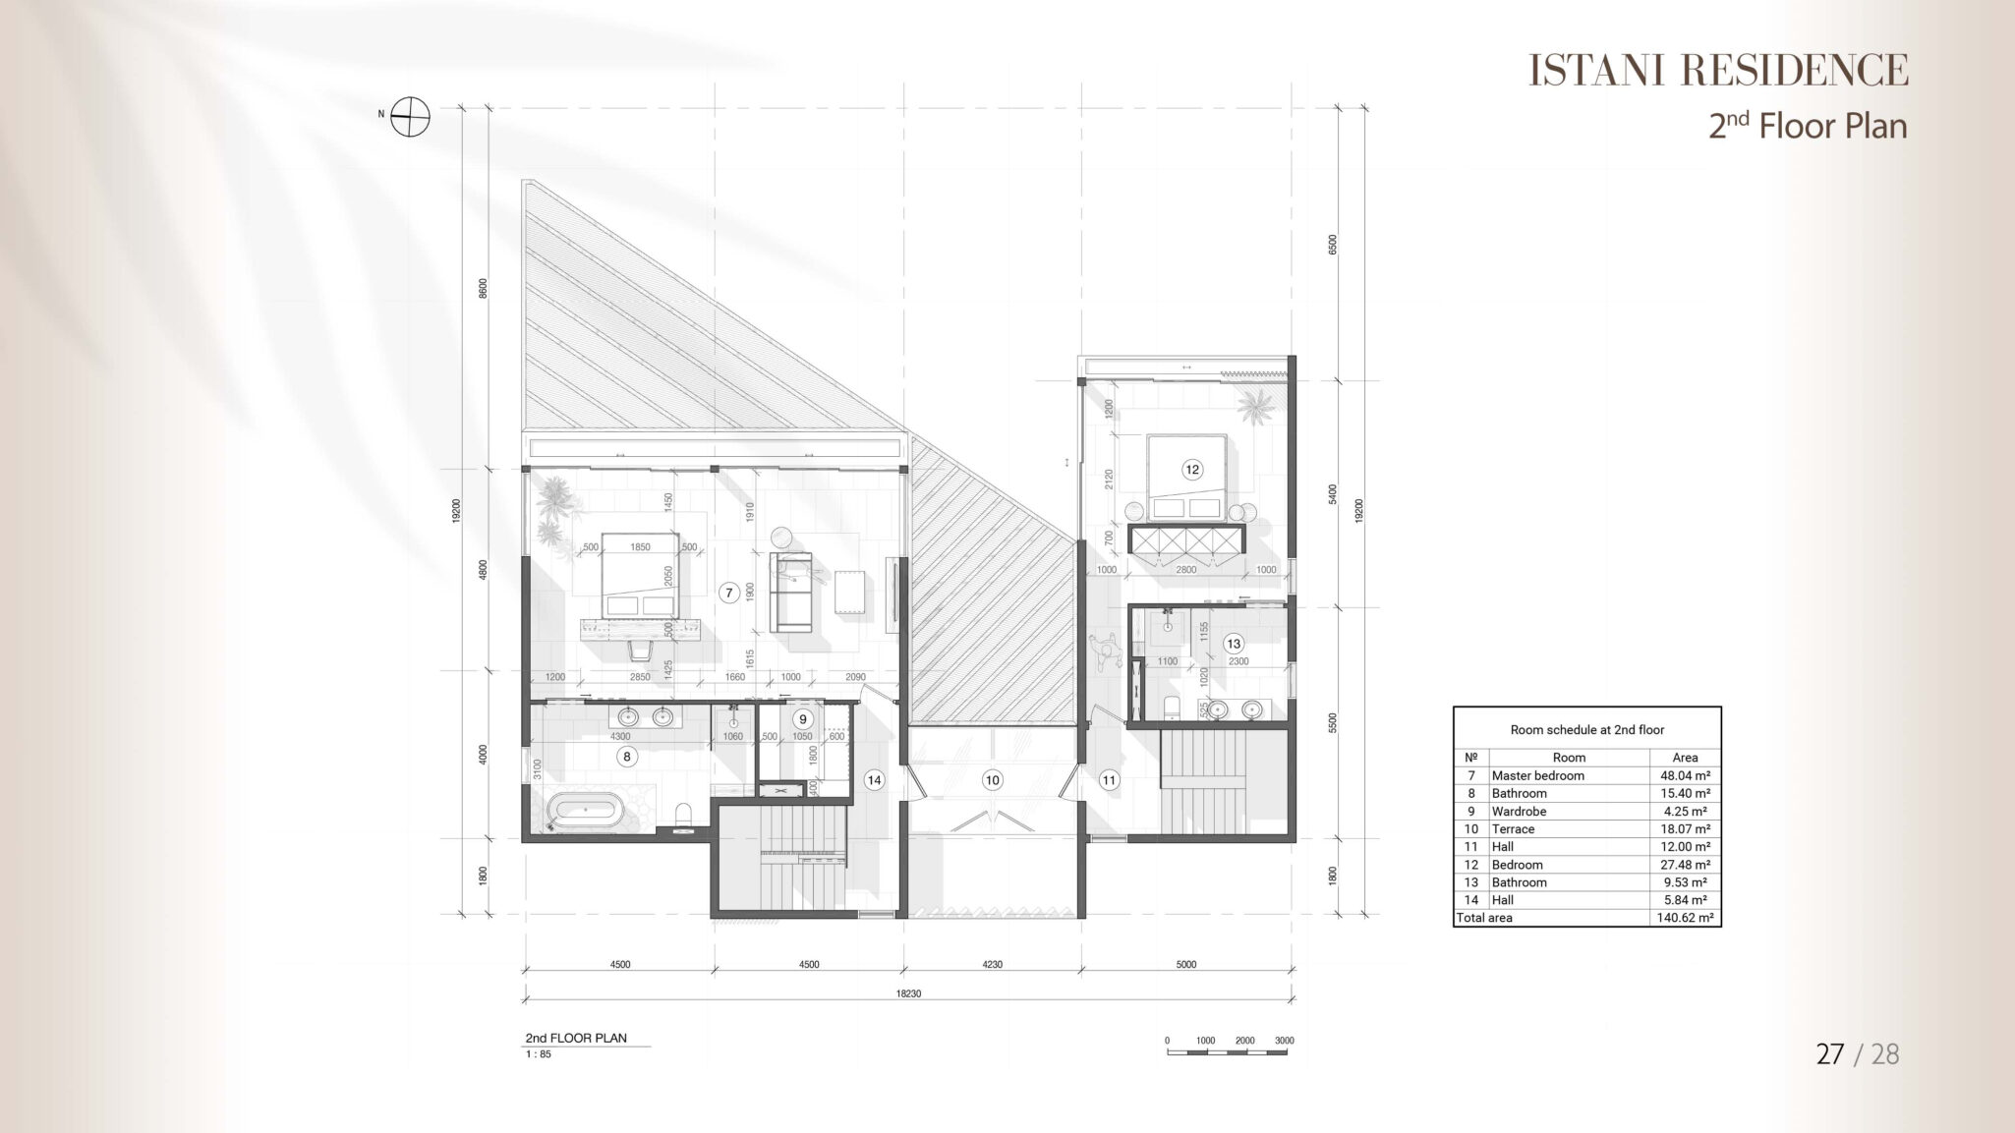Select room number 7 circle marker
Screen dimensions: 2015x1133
coord(728,593)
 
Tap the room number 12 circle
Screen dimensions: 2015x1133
coord(1192,470)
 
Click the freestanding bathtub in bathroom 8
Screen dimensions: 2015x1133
coord(585,811)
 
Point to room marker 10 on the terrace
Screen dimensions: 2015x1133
coord(992,780)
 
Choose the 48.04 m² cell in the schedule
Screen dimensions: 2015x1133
coord(1685,775)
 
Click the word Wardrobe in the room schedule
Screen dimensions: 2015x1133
coord(1519,812)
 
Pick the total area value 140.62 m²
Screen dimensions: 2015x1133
coord(1685,918)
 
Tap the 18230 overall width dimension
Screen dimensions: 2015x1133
coord(909,993)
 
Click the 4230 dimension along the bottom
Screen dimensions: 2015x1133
coord(992,965)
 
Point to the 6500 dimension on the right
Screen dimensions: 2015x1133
coord(1333,245)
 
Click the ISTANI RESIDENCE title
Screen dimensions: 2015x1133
coord(1718,70)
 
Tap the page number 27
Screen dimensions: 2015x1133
coord(1830,1054)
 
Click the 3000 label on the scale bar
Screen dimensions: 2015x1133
coord(1284,1041)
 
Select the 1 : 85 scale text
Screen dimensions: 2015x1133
coord(539,1054)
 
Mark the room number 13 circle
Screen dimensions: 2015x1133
coord(1233,644)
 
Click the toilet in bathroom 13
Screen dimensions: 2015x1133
coord(1171,708)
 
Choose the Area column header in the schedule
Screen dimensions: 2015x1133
coord(1685,758)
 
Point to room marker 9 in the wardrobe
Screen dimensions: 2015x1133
coord(803,719)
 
